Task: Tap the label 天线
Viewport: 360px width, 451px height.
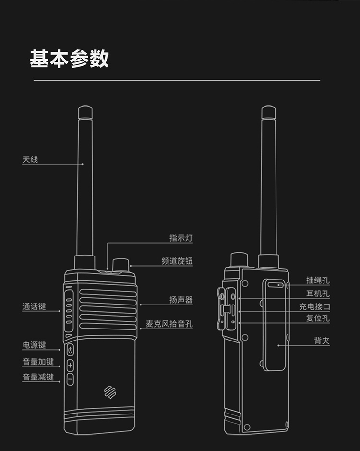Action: tap(30, 159)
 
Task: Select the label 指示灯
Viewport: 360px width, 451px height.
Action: tap(181, 238)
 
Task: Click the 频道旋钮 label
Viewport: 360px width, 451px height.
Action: tap(177, 261)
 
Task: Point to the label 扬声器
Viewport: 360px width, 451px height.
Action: tap(181, 300)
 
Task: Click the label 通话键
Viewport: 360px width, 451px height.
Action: tap(34, 306)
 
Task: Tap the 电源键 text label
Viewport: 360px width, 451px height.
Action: tap(34, 345)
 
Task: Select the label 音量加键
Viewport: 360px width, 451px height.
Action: tap(38, 362)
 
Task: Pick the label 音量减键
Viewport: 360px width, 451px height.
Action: tap(38, 377)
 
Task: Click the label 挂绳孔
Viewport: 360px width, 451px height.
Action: tap(318, 281)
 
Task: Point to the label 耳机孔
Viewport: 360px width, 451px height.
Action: tap(318, 294)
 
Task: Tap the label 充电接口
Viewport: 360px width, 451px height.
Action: tap(314, 306)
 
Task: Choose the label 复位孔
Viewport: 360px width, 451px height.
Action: tap(318, 318)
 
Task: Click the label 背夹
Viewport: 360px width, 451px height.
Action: tap(322, 341)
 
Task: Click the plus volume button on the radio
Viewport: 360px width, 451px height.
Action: tap(70, 366)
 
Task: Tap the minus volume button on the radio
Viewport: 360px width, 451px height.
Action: tap(70, 379)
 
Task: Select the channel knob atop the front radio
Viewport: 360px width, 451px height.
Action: tap(120, 265)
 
